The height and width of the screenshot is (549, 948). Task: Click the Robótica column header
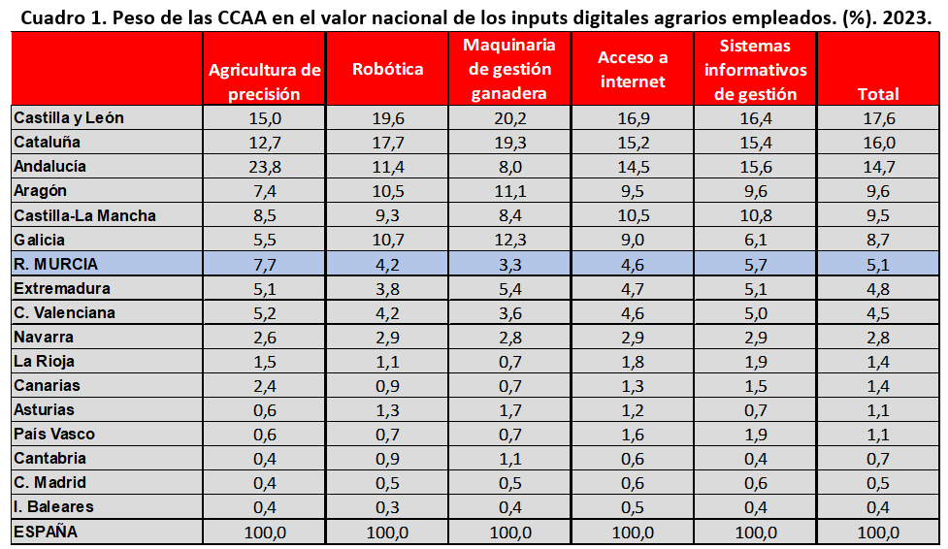pos(387,70)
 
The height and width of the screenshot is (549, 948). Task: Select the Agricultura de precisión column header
pos(264,81)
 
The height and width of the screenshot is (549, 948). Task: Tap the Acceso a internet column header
pos(633,70)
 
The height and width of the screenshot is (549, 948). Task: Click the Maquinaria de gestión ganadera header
pos(510,70)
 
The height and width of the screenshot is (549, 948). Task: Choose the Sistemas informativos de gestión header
pos(755,70)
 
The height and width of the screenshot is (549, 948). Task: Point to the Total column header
pos(878,94)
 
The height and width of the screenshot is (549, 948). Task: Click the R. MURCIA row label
pos(55,264)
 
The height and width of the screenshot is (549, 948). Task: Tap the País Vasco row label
pos(54,434)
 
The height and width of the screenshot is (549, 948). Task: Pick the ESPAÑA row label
pos(46,532)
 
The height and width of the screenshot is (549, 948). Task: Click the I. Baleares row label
pos(53,506)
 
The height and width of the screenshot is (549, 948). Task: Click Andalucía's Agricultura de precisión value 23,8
pos(264,166)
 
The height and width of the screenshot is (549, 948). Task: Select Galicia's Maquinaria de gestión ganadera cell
pos(510,240)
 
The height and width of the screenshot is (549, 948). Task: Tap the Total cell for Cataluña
pos(878,142)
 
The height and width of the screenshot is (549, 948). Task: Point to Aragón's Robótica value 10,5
pos(387,191)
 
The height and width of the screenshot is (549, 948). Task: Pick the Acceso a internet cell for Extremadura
pos(633,288)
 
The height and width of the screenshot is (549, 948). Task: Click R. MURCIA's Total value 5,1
pos(878,264)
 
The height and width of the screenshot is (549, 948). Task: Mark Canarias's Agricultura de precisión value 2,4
pos(264,385)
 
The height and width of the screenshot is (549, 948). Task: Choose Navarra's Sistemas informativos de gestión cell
pos(755,337)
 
